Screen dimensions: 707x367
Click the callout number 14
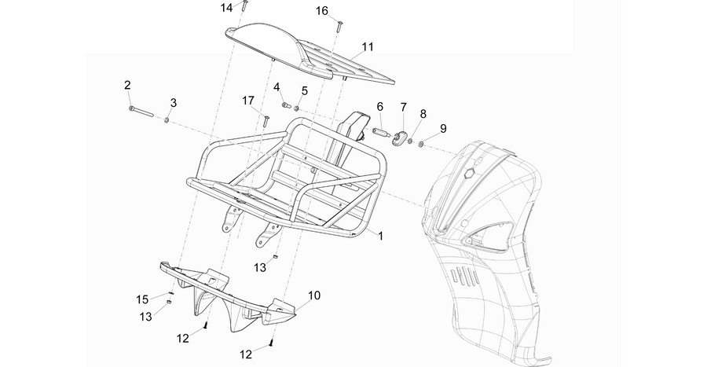(x=226, y=8)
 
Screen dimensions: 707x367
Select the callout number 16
(x=322, y=11)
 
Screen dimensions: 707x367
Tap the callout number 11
(x=368, y=47)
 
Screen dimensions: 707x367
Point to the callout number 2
(x=127, y=85)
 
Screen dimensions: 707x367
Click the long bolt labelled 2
(x=141, y=112)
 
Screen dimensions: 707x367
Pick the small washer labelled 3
(x=167, y=120)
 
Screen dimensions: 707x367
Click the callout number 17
(x=248, y=101)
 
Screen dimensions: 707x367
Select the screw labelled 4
(x=285, y=105)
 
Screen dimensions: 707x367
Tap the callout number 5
(x=304, y=90)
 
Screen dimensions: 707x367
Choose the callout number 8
(x=423, y=114)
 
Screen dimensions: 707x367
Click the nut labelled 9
(x=419, y=145)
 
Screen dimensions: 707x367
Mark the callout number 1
(x=380, y=236)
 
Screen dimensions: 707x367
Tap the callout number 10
(x=314, y=295)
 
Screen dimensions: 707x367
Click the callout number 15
(x=142, y=299)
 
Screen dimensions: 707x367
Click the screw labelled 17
(x=266, y=121)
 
